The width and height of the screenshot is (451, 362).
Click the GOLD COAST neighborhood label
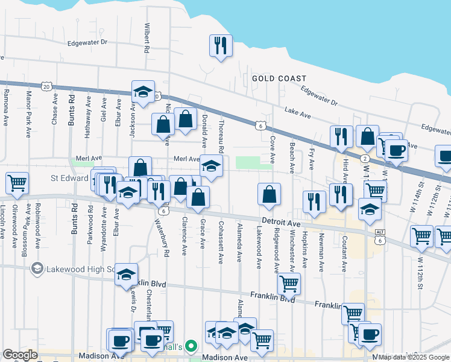279,78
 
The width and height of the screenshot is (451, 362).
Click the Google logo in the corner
20,355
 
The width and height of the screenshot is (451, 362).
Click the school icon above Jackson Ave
143,92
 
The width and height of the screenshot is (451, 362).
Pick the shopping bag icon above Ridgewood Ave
269,194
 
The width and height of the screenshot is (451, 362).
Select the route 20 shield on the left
46,86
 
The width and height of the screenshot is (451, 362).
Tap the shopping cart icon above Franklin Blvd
289,283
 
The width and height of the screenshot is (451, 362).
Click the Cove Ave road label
273,150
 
